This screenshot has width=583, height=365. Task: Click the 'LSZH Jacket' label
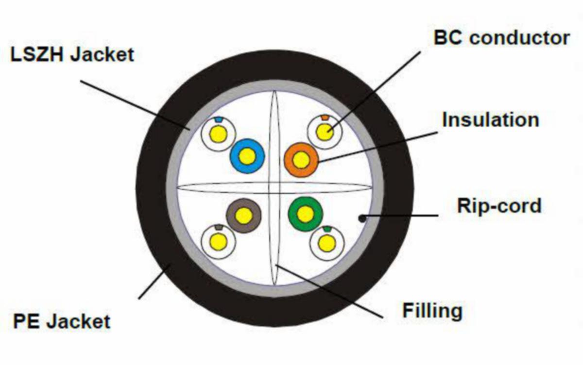pos(72,54)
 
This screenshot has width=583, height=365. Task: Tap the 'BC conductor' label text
pos(501,38)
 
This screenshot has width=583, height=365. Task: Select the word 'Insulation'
pos(490,119)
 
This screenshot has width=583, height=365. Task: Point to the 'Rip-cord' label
pos(499,206)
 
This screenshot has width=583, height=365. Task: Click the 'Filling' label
pos(432,310)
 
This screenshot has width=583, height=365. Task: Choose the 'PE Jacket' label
pos(62,321)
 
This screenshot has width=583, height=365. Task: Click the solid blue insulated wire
pos(247,156)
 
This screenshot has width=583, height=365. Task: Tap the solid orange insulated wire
pos(301,160)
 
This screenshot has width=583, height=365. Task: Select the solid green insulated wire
pos(305,214)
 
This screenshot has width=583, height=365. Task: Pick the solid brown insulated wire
pos(244,216)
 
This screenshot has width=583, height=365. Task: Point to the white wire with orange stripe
pos(325,132)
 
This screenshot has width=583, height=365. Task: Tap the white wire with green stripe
pos(326,243)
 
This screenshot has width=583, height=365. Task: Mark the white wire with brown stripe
pos(218,241)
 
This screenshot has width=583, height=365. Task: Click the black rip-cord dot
pos(362,218)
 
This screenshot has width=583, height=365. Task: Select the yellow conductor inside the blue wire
pos(247,156)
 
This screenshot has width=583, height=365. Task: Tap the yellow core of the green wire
pos(305,214)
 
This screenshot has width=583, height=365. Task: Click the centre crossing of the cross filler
pos(274,187)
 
